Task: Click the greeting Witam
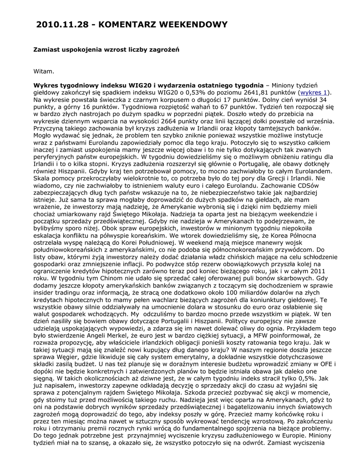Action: pos(44,71)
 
